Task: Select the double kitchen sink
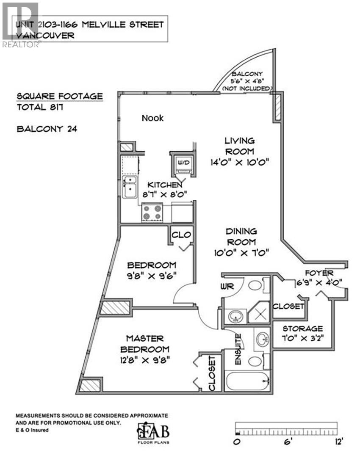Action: click(x=130, y=187)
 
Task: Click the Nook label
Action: click(x=152, y=118)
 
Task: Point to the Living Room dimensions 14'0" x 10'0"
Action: click(x=239, y=162)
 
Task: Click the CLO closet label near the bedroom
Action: click(x=182, y=235)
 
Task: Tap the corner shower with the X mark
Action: click(x=259, y=314)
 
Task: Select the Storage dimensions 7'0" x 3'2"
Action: click(x=303, y=339)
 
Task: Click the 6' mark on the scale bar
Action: click(x=288, y=442)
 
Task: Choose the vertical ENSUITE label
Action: click(x=238, y=350)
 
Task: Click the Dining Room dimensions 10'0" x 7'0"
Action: click(x=241, y=253)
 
